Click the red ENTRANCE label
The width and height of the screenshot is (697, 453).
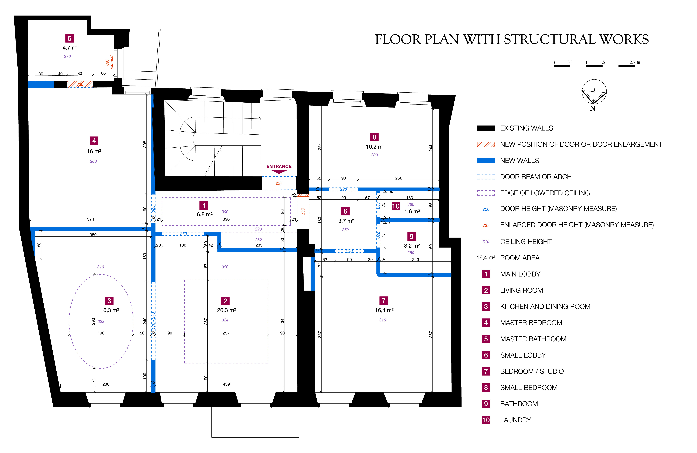pyautogui.click(x=279, y=166)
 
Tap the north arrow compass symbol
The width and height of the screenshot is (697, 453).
pyautogui.click(x=594, y=92)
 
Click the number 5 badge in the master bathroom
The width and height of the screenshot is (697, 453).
pyautogui.click(x=69, y=38)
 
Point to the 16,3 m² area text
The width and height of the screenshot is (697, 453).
pyautogui.click(x=110, y=310)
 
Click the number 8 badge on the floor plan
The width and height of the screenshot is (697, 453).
pyautogui.click(x=374, y=137)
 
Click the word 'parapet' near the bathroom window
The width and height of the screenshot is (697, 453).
pyautogui.click(x=112, y=62)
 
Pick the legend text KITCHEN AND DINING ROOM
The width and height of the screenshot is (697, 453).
pyautogui.click(x=545, y=307)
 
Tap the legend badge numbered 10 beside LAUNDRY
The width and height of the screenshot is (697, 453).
pyautogui.click(x=486, y=420)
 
